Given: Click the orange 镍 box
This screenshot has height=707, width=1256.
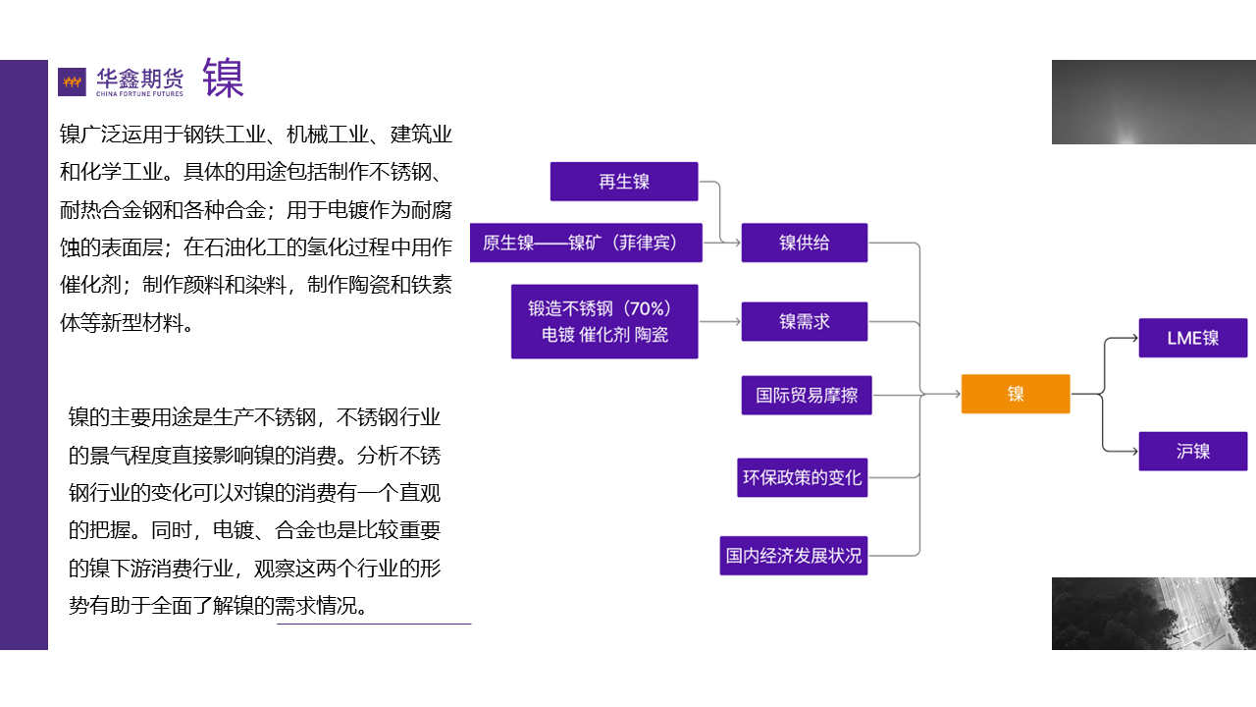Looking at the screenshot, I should [1016, 394].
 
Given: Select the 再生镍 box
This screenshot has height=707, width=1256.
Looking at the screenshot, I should [624, 182].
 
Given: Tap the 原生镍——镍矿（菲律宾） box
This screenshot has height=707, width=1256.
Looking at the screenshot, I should [587, 243].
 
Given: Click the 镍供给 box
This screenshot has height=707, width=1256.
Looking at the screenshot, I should [805, 243].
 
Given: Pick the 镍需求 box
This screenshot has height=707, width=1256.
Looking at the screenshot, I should [805, 321].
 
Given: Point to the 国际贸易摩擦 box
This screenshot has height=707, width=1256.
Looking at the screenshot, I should [807, 395].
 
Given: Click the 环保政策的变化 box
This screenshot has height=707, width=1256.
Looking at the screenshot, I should [802, 477].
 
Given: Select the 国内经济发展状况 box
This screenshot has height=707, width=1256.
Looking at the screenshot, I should [794, 555].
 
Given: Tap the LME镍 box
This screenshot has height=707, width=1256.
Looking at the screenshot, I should [1193, 338].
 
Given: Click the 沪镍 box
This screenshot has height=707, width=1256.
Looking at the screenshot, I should [1193, 452].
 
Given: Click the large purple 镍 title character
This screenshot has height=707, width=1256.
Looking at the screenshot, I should [224, 79].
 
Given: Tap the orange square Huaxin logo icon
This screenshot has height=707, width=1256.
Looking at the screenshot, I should [72, 82].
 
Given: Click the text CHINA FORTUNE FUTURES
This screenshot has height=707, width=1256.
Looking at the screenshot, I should [139, 94].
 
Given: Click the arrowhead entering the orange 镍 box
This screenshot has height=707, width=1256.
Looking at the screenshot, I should [955, 394].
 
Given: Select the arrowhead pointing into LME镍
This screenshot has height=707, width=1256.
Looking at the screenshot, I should [1132, 338].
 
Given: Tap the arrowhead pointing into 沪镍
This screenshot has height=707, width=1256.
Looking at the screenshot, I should [1132, 452].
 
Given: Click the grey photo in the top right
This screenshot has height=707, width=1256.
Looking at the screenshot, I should [1154, 102].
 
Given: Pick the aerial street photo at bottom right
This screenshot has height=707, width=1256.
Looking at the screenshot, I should [1154, 614].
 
